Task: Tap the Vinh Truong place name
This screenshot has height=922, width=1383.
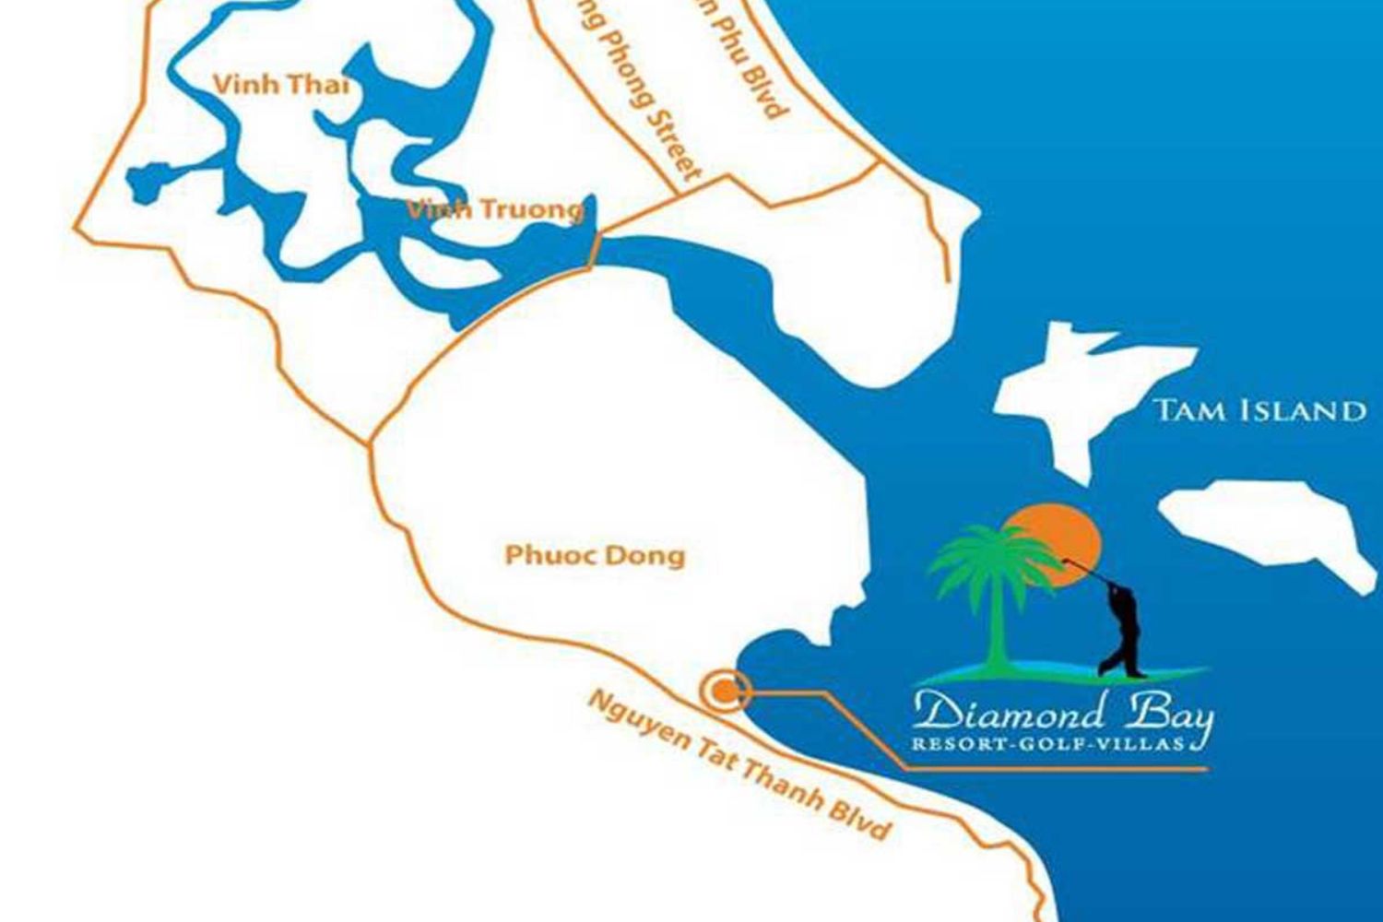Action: click(496, 209)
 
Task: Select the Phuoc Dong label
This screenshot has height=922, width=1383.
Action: click(595, 555)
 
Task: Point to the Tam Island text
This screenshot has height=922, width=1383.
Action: click(1259, 410)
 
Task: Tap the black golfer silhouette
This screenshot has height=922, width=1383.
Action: click(1119, 627)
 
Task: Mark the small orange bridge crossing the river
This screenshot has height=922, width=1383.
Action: click(596, 250)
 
